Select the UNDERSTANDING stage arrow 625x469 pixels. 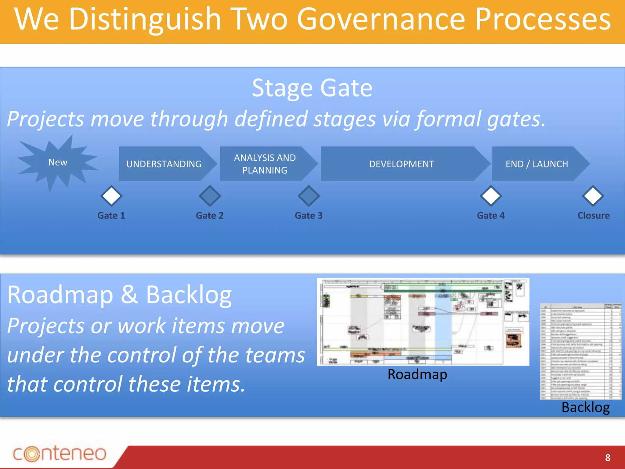click(164, 164)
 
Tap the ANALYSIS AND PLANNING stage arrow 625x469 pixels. click(265, 164)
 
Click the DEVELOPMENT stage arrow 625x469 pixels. click(401, 164)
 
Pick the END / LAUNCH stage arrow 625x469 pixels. click(537, 164)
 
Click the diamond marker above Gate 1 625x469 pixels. click(111, 196)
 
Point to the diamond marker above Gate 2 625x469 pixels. click(210, 196)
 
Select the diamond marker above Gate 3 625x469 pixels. click(309, 196)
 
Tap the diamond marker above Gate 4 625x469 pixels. click(491, 196)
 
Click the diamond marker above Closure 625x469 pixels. click(593, 196)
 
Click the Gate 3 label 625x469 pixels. click(309, 216)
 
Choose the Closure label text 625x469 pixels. click(593, 216)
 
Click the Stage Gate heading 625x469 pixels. click(312, 88)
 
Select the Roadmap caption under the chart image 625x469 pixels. click(417, 374)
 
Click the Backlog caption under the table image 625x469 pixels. click(585, 407)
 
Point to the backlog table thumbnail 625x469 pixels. click(580, 351)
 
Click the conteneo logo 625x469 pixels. click(60, 453)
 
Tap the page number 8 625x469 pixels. click(608, 457)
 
